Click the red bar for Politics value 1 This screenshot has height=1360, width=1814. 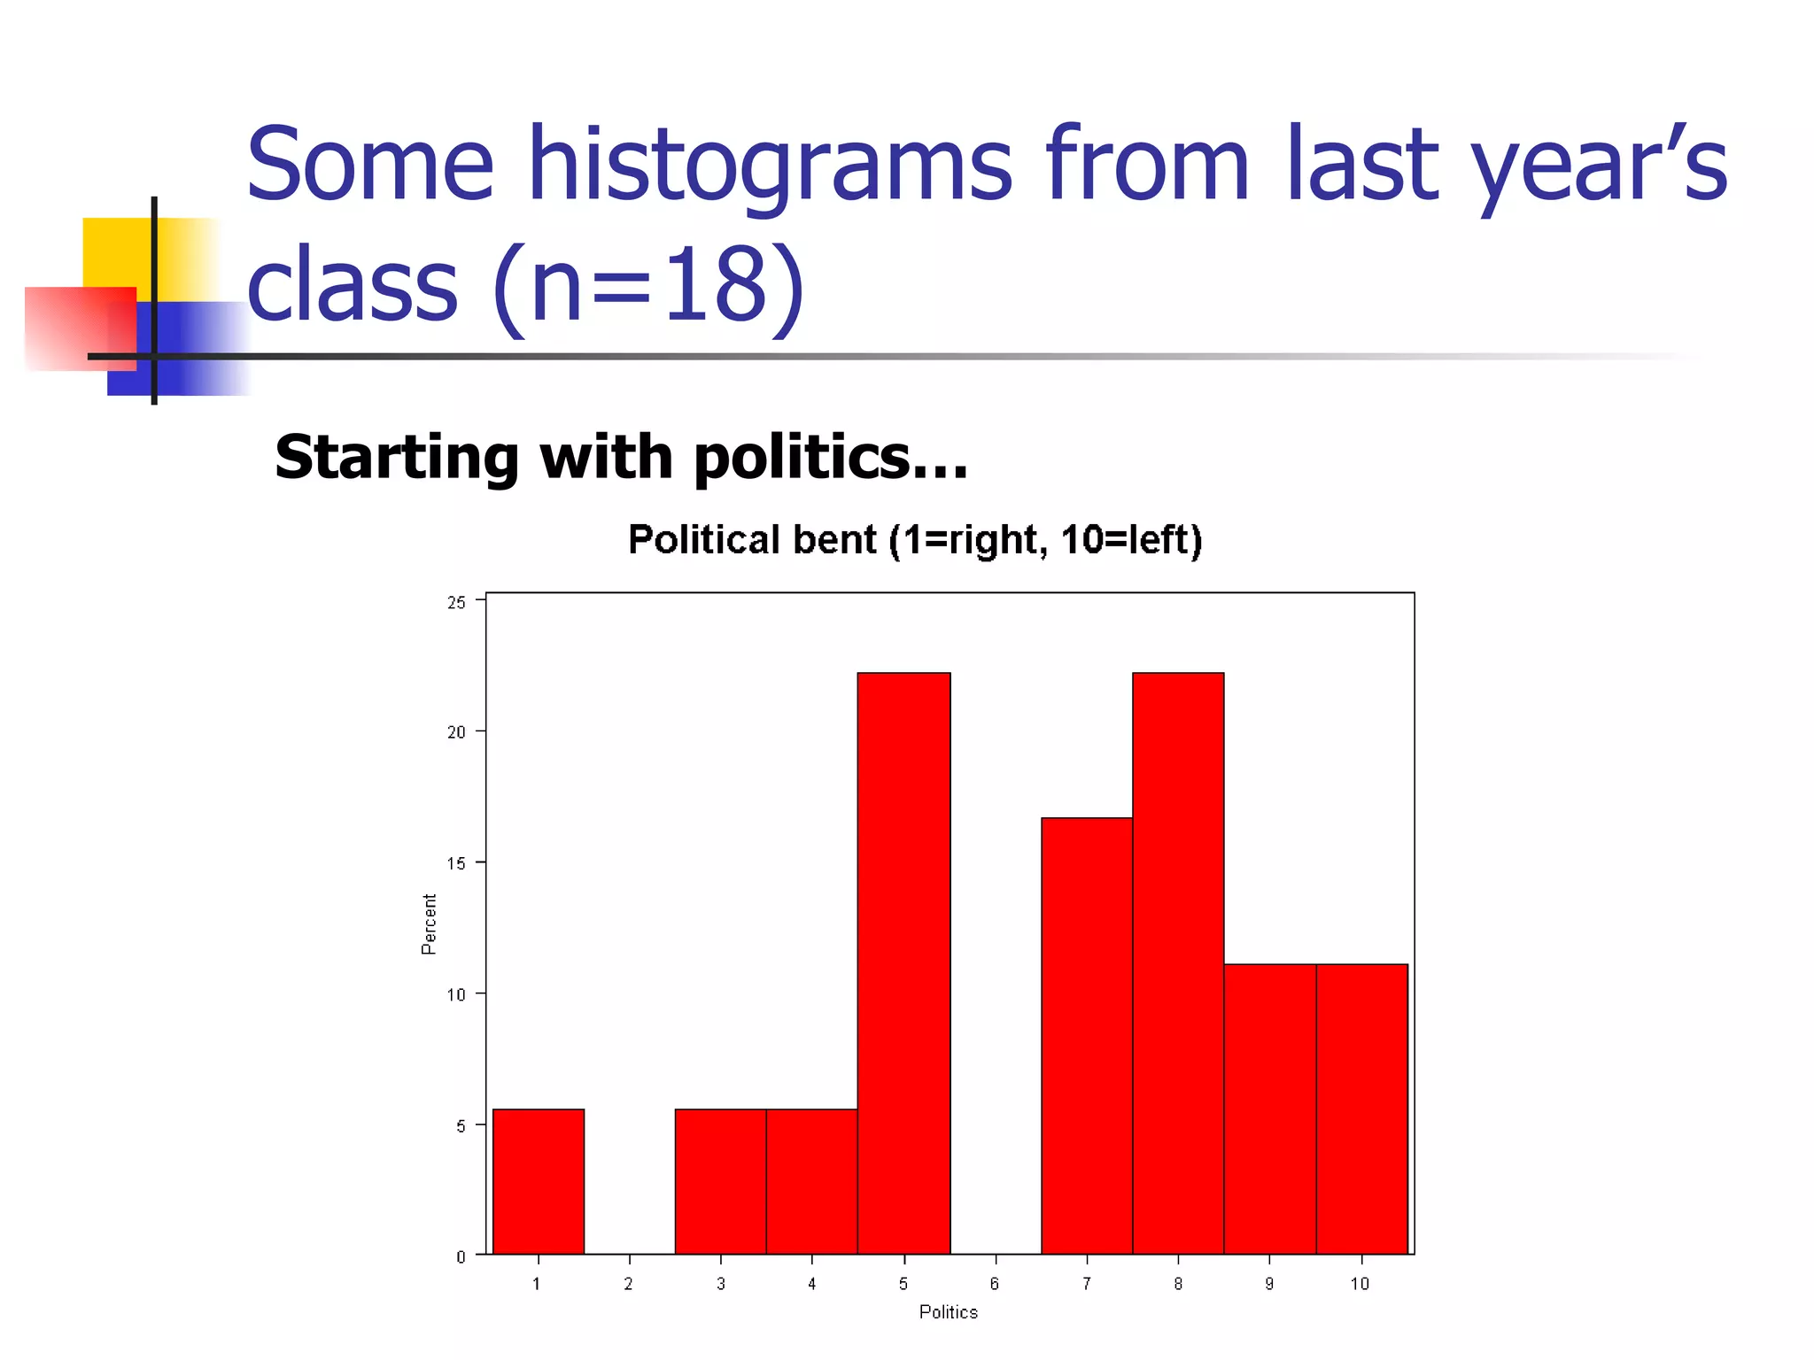coord(538,1181)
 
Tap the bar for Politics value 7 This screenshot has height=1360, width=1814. coord(1087,1036)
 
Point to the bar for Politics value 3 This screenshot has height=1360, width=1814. coord(720,1181)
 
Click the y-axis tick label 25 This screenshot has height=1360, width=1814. coord(456,603)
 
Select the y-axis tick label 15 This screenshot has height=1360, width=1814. coord(456,863)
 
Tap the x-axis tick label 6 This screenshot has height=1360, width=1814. coord(995,1284)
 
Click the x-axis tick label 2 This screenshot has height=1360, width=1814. coord(628,1284)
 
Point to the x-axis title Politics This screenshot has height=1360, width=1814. coord(948,1312)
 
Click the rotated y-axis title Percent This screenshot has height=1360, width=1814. coord(429,923)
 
